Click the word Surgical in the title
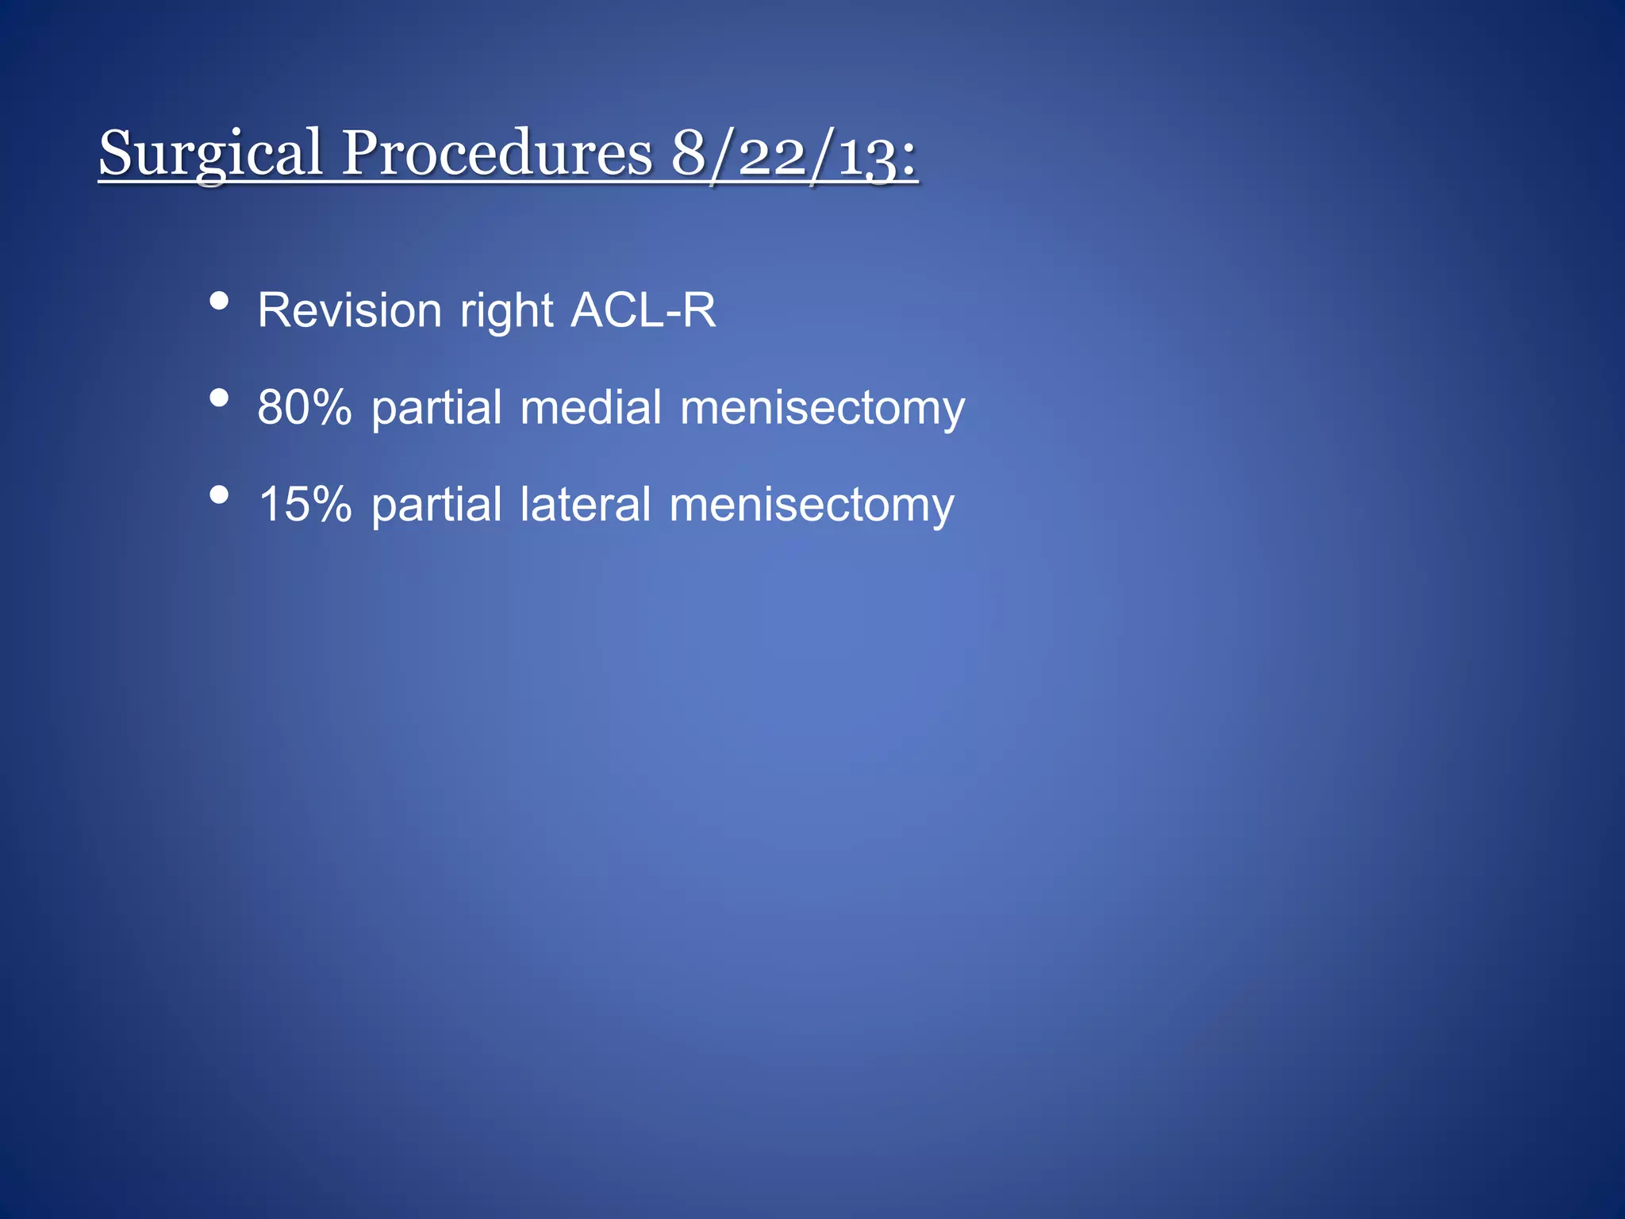(210, 153)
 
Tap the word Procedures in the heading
(497, 153)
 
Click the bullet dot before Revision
(219, 301)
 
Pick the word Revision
(349, 310)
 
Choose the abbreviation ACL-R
(643, 310)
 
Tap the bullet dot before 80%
(219, 398)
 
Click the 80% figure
(305, 408)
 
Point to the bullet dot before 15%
(219, 495)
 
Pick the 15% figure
(305, 506)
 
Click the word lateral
(585, 506)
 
